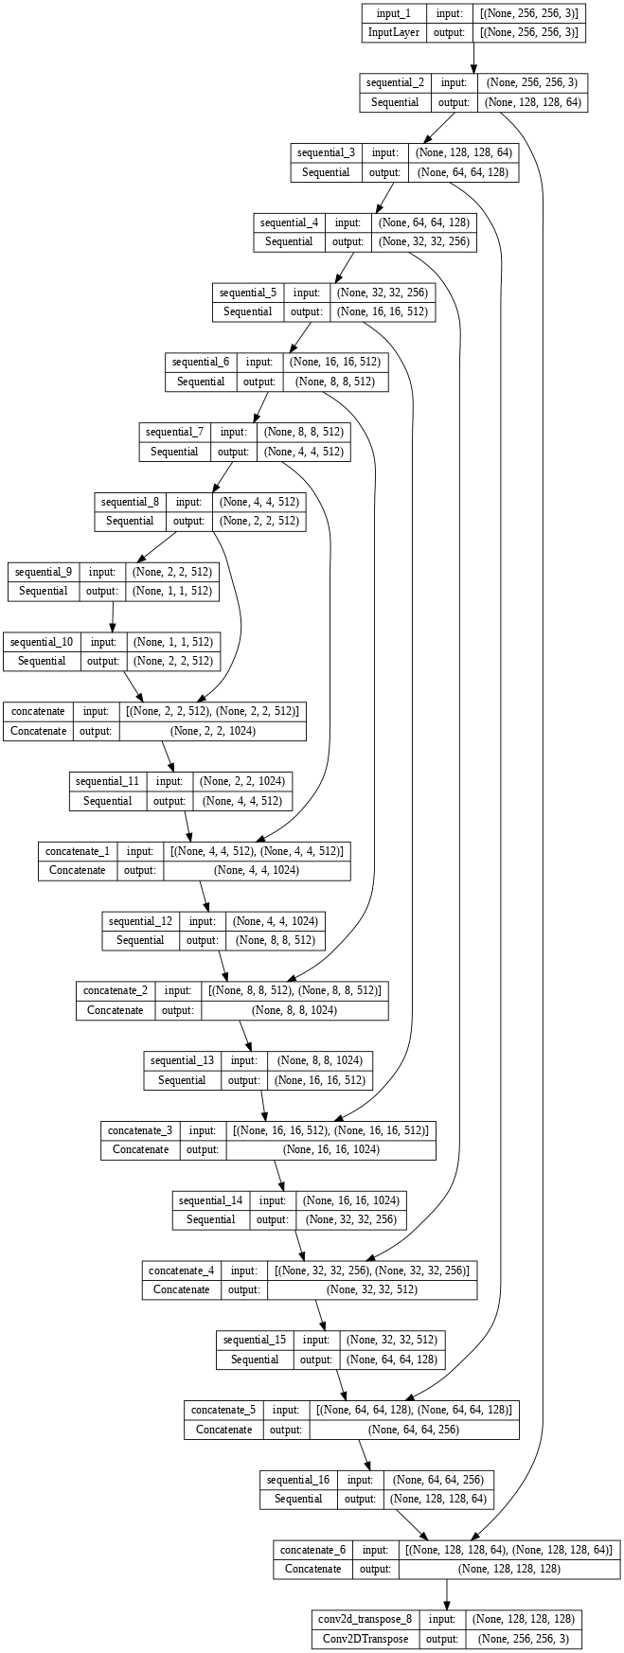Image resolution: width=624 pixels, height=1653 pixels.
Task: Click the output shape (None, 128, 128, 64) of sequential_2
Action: pos(534,102)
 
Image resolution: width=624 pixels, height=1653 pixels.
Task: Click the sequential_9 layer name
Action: pos(44,572)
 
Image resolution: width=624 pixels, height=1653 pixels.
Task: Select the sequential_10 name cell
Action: pos(43,641)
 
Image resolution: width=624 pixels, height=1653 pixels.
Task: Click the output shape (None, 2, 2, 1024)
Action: pos(213,731)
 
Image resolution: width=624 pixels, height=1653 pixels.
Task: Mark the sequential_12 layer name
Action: pos(141,920)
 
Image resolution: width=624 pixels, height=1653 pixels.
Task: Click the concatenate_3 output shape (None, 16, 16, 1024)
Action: pos(330,1149)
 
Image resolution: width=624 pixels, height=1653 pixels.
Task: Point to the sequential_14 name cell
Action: pos(211,1200)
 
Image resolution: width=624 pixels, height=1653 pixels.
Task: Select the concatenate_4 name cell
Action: pos(182,1270)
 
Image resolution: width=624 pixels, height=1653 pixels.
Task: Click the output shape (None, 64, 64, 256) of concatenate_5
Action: pos(414,1429)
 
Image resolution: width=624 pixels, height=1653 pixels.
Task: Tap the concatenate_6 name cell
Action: pos(311,1550)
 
